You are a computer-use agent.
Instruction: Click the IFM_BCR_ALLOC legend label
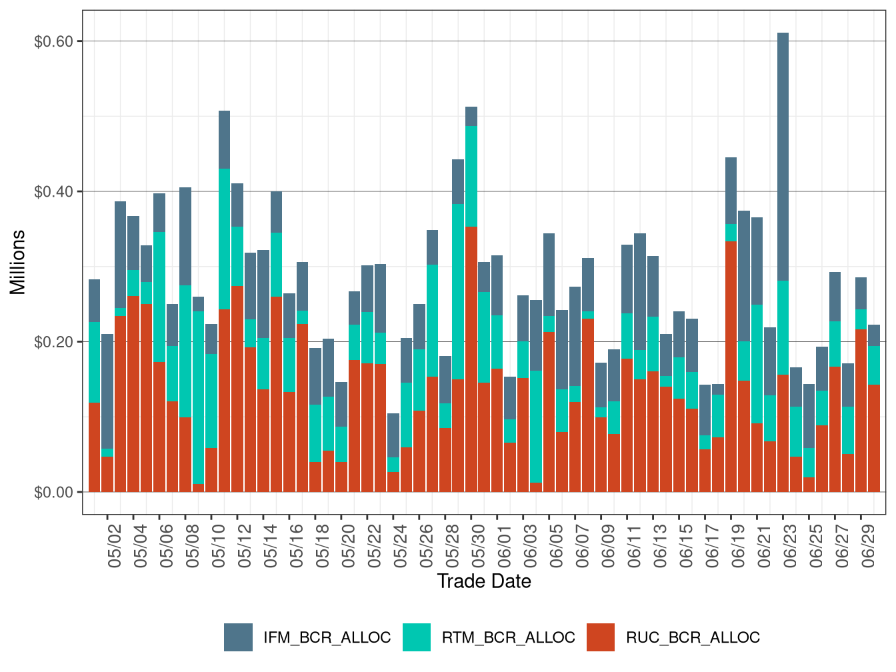click(327, 637)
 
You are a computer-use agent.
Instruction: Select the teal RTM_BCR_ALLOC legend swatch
click(417, 637)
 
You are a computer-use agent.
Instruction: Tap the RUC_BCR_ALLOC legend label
click(693, 637)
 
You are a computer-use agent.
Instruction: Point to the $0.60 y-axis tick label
click(53, 41)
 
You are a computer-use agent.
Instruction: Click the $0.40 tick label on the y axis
click(53, 192)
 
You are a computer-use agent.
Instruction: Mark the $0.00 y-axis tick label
click(53, 493)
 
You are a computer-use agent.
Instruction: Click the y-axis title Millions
click(18, 262)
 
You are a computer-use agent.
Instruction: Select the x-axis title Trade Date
click(484, 581)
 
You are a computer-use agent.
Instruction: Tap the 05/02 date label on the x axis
click(115, 546)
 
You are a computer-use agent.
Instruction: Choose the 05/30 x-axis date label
click(479, 546)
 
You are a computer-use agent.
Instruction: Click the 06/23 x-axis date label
click(790, 546)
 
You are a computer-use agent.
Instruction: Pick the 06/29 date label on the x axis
click(868, 546)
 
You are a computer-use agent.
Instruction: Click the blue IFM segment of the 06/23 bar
click(783, 157)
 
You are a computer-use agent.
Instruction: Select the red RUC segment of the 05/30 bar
click(471, 360)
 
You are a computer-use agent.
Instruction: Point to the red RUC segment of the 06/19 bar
click(731, 367)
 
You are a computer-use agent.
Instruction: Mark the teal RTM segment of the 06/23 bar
click(783, 327)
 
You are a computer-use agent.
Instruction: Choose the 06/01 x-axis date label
click(505, 546)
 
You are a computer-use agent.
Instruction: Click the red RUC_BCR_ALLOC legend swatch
click(601, 637)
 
